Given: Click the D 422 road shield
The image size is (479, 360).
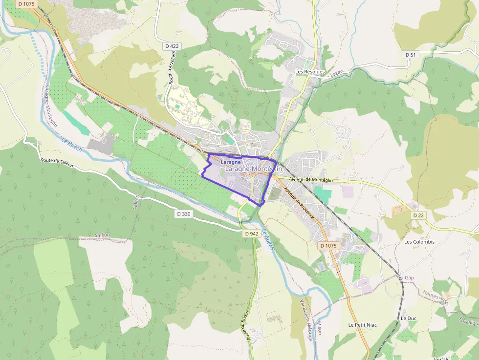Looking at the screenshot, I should [x=173, y=46].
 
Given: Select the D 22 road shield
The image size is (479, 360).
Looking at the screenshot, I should [x=418, y=215].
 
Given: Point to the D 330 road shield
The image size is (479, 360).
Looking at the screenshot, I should [x=184, y=214].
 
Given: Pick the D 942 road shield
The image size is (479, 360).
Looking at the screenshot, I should [x=251, y=233].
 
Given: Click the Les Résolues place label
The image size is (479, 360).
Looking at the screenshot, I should [x=310, y=72].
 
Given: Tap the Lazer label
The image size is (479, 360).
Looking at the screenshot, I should [x=335, y=74].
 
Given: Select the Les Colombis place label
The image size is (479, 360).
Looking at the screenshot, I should [x=419, y=242].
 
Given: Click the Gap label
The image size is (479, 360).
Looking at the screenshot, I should [x=410, y=278].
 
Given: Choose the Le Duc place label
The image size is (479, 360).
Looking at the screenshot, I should [x=408, y=318].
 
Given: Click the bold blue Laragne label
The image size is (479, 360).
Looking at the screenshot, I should [x=231, y=162].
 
